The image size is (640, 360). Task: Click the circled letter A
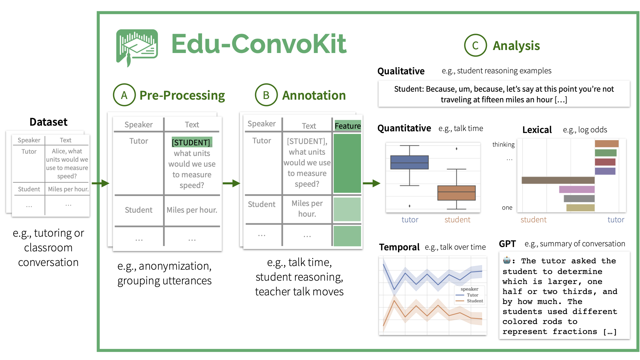[x=124, y=95]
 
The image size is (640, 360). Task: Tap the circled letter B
[x=266, y=95]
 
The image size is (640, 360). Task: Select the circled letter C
[x=475, y=45]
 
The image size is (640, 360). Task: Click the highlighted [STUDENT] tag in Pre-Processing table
[x=191, y=142]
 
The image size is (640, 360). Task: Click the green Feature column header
[x=347, y=126]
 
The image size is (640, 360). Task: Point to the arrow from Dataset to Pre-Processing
[x=100, y=183]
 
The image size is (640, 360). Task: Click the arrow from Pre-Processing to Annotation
[x=231, y=183]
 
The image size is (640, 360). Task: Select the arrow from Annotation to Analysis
[x=371, y=183]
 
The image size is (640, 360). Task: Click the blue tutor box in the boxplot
[x=409, y=162]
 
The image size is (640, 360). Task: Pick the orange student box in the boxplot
[x=456, y=193]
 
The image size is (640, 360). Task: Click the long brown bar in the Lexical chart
[x=558, y=180]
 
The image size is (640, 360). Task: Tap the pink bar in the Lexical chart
[x=577, y=189]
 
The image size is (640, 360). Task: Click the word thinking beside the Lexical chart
[x=503, y=144]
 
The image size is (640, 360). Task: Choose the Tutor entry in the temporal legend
[x=472, y=295]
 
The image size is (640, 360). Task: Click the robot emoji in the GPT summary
[x=507, y=260]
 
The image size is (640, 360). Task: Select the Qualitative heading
[x=401, y=71]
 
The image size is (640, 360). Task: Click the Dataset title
[x=48, y=122]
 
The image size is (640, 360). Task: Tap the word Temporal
[x=399, y=247]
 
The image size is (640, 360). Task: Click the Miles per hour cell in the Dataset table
[x=68, y=189]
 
